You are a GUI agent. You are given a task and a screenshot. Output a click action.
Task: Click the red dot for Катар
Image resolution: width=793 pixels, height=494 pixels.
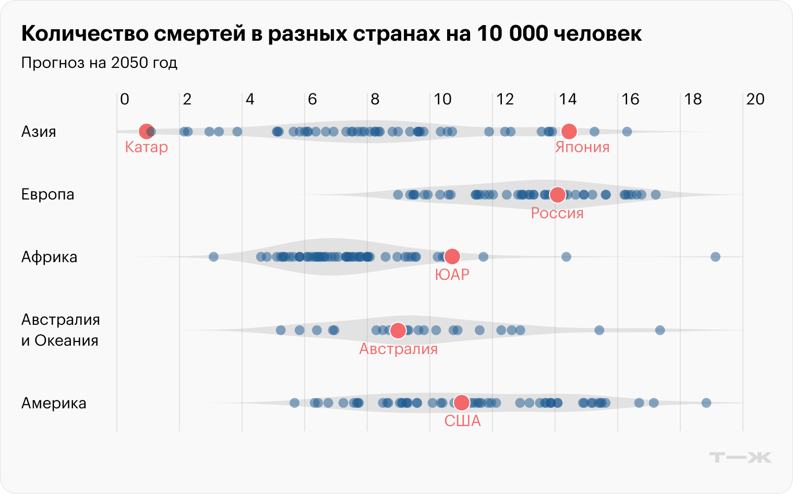click(x=146, y=132)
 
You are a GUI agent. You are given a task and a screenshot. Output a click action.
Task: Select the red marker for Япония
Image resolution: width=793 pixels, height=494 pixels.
click(x=569, y=132)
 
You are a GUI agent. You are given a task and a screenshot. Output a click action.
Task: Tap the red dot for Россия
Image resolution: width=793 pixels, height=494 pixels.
click(x=558, y=195)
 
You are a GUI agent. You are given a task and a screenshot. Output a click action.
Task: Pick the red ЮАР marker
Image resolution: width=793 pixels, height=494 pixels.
click(x=452, y=256)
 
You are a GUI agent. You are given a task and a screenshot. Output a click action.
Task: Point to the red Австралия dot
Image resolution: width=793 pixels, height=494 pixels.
click(x=398, y=330)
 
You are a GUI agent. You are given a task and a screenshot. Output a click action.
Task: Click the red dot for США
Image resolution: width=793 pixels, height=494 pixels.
click(x=461, y=403)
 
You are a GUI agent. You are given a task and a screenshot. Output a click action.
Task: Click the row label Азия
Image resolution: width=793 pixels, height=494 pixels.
click(x=39, y=132)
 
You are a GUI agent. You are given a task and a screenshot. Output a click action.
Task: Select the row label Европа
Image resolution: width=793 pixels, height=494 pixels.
click(x=47, y=194)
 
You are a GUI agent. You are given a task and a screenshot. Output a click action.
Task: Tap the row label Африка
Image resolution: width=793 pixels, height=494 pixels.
click(x=49, y=257)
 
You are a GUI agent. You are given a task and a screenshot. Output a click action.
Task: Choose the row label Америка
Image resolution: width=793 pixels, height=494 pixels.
click(x=54, y=403)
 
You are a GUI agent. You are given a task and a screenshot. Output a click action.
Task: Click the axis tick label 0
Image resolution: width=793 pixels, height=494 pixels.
click(x=124, y=99)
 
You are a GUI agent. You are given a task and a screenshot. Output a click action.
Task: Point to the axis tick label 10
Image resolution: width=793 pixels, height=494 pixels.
click(x=442, y=99)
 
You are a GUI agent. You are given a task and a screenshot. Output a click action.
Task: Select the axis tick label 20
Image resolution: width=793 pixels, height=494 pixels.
click(x=755, y=99)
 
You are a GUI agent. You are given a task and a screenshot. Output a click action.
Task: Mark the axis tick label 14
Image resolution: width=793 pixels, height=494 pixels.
click(x=568, y=99)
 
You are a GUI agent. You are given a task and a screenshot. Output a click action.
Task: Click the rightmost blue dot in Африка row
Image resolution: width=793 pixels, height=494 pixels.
click(x=715, y=256)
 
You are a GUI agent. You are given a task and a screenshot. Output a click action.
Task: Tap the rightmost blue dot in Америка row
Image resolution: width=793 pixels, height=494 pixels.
click(x=706, y=403)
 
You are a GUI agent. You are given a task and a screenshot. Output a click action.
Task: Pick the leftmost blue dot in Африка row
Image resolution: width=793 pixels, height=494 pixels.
click(x=213, y=256)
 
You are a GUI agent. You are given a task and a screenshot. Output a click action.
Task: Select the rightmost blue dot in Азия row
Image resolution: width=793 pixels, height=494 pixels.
click(x=627, y=132)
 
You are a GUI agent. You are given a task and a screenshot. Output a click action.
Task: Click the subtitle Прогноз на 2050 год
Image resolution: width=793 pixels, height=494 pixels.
click(x=99, y=63)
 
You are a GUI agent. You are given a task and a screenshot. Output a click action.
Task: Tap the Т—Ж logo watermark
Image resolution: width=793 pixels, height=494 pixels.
click(x=740, y=457)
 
